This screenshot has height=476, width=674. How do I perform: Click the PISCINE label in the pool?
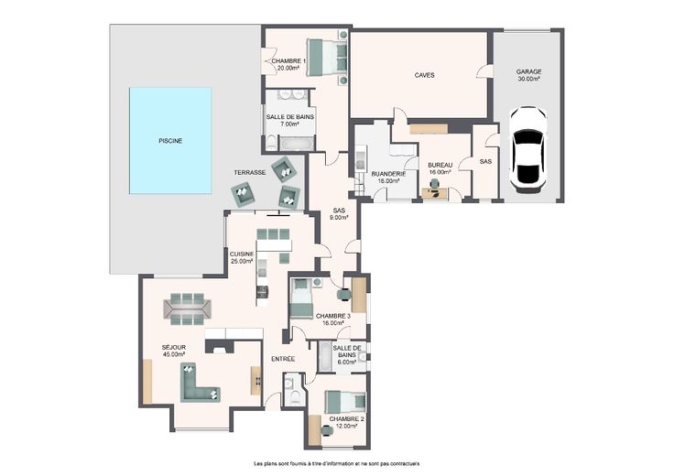(170, 141)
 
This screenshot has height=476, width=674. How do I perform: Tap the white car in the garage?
(527, 149)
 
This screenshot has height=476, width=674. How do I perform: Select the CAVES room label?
(424, 75)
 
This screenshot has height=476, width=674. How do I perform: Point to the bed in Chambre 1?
(327, 58)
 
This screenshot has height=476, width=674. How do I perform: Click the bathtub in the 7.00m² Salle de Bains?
(297, 143)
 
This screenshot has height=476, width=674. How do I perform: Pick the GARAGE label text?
(528, 71)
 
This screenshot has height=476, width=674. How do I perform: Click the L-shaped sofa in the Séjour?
(199, 384)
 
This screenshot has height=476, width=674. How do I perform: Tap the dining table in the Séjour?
(188, 308)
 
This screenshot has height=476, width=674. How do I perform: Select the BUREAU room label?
(440, 165)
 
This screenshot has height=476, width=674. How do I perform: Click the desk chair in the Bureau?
(435, 184)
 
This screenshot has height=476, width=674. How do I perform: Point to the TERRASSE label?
(250, 173)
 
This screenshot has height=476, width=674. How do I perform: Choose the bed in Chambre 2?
(345, 402)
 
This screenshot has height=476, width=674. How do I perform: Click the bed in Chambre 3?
(301, 298)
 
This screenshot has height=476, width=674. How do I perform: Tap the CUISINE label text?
(242, 254)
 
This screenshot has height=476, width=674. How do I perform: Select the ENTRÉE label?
(283, 359)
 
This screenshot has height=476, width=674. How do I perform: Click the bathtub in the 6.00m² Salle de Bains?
(324, 357)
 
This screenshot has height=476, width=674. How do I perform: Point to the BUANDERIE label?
(388, 174)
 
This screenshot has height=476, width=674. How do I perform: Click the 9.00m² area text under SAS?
(339, 217)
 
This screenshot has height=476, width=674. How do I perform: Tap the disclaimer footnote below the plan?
(337, 463)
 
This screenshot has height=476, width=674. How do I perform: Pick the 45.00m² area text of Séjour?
(174, 354)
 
